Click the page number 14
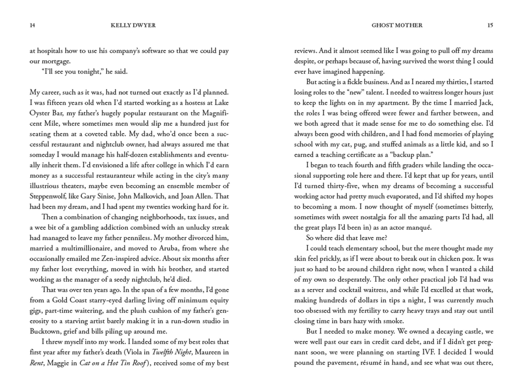coord(32,25)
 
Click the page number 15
coord(490,25)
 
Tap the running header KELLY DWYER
coord(133,25)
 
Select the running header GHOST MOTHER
coord(397,25)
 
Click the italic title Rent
coord(36,363)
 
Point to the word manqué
coord(419,228)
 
